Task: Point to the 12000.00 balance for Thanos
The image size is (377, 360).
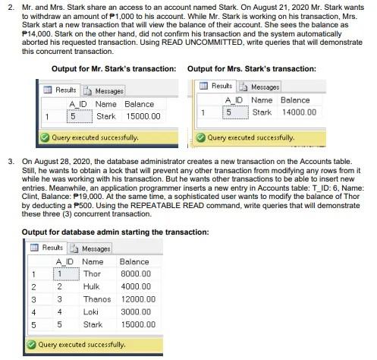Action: click(x=137, y=298)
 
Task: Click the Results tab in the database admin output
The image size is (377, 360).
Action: click(x=49, y=248)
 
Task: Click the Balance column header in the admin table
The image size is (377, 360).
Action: click(x=134, y=261)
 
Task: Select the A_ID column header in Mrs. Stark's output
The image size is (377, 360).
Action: click(x=233, y=100)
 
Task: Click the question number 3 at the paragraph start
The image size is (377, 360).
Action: click(x=11, y=162)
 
